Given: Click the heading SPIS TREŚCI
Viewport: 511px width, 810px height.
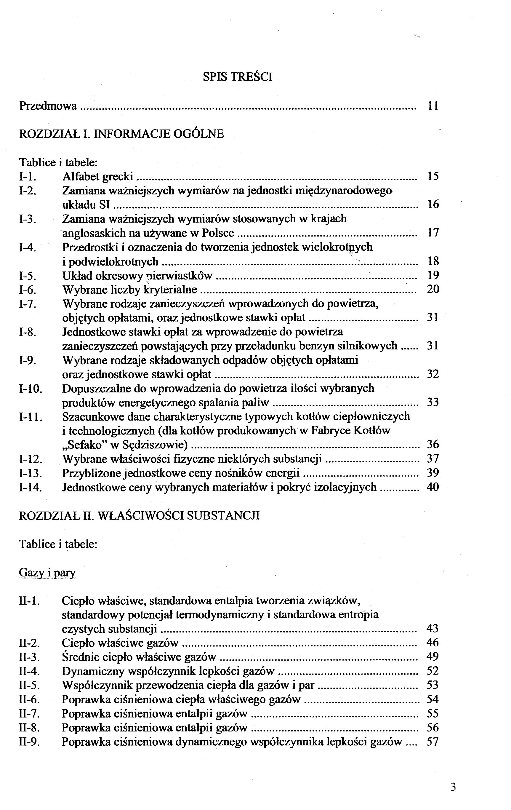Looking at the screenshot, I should tap(237, 77).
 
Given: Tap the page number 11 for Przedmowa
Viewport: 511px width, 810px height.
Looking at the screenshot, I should tap(433, 106).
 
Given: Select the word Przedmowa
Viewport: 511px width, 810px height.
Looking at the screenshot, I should tap(48, 106).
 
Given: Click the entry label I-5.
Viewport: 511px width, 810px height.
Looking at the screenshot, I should tap(28, 276).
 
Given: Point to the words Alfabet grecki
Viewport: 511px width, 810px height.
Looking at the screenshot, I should tap(97, 176).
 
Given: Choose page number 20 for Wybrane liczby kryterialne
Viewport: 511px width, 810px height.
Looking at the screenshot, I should tap(433, 289).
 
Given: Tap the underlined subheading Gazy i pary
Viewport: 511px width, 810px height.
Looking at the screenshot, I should tap(47, 573).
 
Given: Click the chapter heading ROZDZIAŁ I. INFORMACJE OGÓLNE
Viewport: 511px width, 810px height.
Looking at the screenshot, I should tap(121, 134).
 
